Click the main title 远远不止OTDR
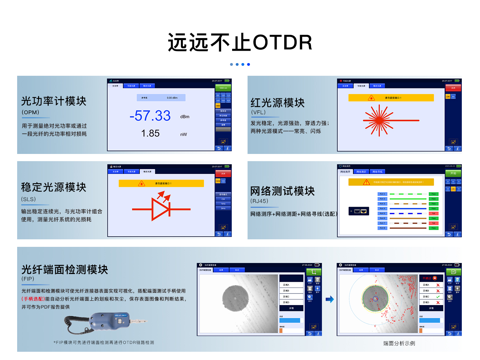pyautogui.click(x=240, y=43)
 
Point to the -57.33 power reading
pyautogui.click(x=150, y=116)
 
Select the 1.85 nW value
pyautogui.click(x=151, y=133)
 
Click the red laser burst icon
pyautogui.click(x=379, y=120)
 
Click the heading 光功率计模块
pyautogui.click(x=54, y=101)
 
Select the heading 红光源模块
pyautogui.click(x=278, y=103)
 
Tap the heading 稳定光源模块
pyautogui.click(x=54, y=187)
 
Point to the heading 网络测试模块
pyautogui.click(x=283, y=191)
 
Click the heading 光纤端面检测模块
pyautogui.click(x=65, y=269)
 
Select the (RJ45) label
pyautogui.click(x=260, y=201)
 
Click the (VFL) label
pyautogui.click(x=259, y=112)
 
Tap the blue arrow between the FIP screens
pyautogui.click(x=329, y=299)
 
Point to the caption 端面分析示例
pyautogui.click(x=399, y=343)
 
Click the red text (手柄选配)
pyautogui.click(x=33, y=299)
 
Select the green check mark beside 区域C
pyautogui.click(x=438, y=297)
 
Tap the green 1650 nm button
pyautogui.click(x=223, y=88)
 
